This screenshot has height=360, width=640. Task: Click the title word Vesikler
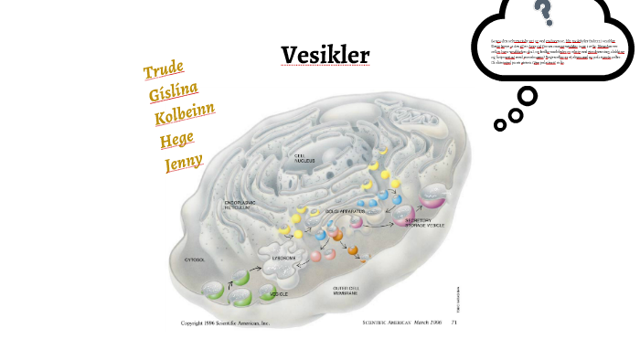pos(325,57)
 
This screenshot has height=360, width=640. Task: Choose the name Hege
pos(177,141)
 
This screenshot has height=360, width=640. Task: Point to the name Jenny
pos(184,164)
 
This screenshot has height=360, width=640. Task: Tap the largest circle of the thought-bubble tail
pos(528,96)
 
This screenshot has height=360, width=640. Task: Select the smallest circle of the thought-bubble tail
pos(499,123)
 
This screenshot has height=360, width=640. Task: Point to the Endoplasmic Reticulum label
pos(244,206)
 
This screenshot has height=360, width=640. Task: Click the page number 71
pos(453,323)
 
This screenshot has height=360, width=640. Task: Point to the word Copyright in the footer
pos(197,323)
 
